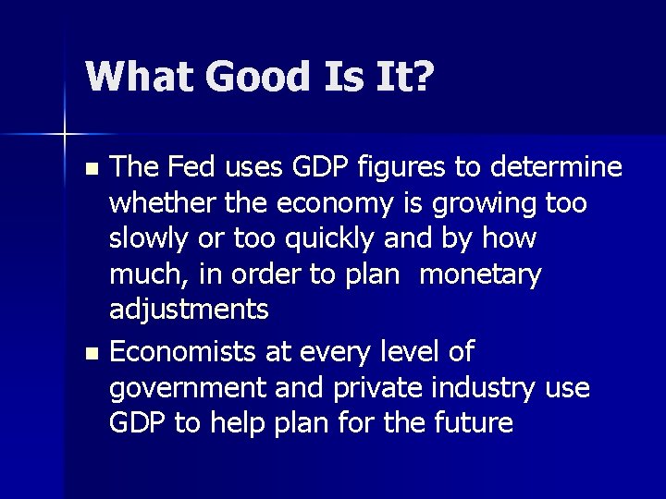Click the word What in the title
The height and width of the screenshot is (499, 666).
click(138, 76)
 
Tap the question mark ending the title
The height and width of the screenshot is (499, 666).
click(423, 76)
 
